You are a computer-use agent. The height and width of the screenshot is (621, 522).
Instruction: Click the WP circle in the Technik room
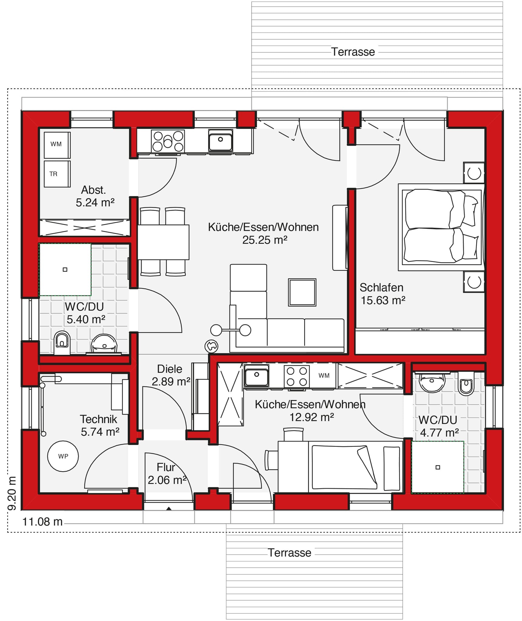pos(63,456)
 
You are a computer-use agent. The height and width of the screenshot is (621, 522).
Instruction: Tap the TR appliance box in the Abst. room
pos(57,174)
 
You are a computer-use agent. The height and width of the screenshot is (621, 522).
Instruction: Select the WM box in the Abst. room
pos(57,145)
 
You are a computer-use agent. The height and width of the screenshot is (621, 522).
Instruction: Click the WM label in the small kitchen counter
pos(324,376)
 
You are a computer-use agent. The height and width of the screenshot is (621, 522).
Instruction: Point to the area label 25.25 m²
pos(264,240)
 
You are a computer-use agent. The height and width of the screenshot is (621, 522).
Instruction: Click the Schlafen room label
pos(381,288)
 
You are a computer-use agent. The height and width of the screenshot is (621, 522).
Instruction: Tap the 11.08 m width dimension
pos(42,522)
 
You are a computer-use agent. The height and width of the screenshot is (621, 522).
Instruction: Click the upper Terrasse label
pos(353,52)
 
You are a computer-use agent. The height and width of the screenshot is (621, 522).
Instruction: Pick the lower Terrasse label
pos(289,553)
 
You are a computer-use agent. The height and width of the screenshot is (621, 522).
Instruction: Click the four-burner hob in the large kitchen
pos(168,141)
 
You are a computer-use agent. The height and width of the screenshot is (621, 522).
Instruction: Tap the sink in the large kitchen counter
pos(220,141)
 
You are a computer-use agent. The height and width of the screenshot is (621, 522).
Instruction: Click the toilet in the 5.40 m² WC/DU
pos(62,342)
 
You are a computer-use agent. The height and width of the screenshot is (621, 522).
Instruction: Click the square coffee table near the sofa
pos(302,292)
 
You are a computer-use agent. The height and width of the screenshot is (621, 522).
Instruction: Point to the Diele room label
pos(169,369)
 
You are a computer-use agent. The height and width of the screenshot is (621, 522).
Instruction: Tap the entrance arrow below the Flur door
pos(169,508)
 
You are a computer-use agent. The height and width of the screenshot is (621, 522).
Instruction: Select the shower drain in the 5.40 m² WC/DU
pos(65,270)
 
